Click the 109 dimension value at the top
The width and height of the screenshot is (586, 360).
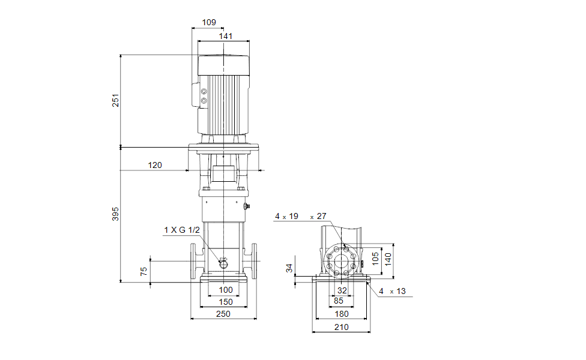[209, 22]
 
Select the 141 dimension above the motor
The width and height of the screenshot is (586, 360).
[226, 36]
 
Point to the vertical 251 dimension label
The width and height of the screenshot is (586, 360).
[115, 100]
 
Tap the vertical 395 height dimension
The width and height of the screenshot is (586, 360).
[115, 214]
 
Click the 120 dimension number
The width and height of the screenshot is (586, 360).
[155, 165]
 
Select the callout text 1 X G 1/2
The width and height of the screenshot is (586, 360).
[182, 230]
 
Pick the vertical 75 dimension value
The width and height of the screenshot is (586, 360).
[144, 271]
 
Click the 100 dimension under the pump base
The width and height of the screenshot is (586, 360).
[226, 290]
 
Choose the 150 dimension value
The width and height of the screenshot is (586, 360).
[226, 302]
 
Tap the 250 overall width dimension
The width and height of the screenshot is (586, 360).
[223, 314]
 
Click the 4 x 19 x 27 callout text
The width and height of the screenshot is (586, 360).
[300, 216]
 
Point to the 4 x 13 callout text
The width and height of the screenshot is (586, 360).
[392, 291]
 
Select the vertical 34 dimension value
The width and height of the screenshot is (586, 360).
[289, 268]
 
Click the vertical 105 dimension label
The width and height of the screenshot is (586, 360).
[375, 259]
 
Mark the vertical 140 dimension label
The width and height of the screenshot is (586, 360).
[388, 259]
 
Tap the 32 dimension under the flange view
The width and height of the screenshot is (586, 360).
[342, 290]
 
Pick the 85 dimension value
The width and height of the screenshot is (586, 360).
[339, 301]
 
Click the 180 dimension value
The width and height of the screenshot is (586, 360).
[342, 314]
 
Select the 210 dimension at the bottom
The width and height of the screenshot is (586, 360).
[342, 327]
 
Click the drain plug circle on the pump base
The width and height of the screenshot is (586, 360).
[223, 264]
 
